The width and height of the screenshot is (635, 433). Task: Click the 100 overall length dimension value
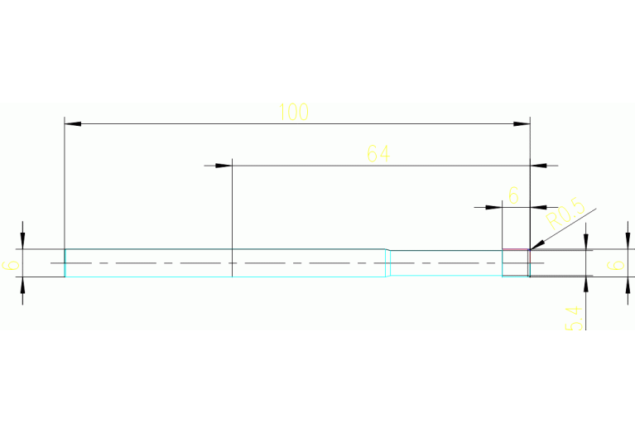point(293,112)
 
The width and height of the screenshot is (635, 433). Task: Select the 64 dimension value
point(378,153)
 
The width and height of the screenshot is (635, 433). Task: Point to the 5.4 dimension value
point(575,318)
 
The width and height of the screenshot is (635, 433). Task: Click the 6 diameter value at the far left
point(10,265)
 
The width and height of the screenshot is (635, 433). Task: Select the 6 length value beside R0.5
point(513,195)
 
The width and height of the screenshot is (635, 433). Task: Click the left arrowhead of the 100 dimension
point(73,124)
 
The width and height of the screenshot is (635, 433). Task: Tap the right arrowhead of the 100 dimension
point(522,124)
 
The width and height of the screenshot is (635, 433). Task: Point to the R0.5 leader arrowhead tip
point(532,248)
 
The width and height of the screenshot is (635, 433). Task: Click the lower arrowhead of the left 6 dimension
point(23,284)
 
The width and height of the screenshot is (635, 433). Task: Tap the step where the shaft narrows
point(388,262)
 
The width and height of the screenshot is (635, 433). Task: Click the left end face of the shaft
point(65,262)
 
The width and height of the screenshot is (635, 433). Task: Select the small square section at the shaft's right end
point(516,262)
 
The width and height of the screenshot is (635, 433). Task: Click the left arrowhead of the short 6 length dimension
point(495,206)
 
